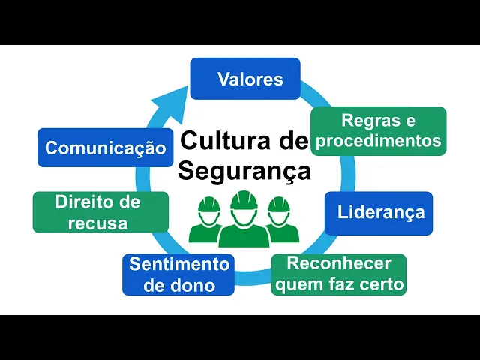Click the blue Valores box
tap(245, 79)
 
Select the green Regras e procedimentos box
tap(378, 130)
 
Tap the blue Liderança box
tap(379, 212)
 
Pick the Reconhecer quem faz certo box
tap(338, 274)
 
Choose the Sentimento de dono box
tap(178, 274)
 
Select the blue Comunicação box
tap(105, 148)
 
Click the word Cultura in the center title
tap(220, 141)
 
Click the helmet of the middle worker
tap(244, 200)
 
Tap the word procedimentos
tap(378, 140)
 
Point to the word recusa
tap(97, 223)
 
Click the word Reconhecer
tap(339, 264)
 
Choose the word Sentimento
tap(178, 264)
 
